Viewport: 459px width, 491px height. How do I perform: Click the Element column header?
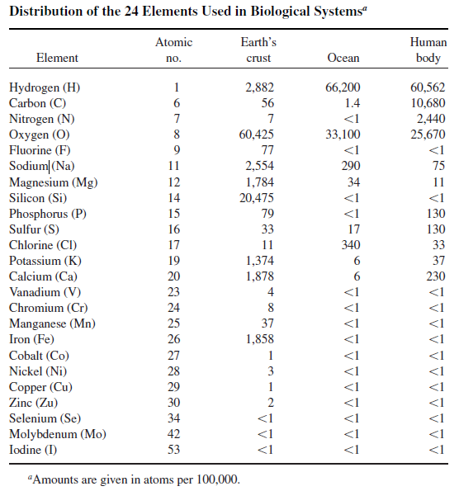(57, 58)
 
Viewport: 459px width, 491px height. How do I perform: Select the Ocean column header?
(343, 58)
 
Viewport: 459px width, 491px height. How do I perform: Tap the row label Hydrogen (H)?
(45, 87)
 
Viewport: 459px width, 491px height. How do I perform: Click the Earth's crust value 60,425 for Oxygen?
(256, 135)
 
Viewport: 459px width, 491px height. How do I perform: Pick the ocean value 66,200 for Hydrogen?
(343, 87)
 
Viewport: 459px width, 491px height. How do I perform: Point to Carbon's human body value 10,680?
(428, 103)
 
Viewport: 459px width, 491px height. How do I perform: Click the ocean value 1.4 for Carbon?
(353, 103)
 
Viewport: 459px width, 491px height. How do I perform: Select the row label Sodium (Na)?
(41, 166)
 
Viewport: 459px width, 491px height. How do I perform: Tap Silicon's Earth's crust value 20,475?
(257, 198)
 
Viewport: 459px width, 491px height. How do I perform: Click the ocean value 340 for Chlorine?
(351, 245)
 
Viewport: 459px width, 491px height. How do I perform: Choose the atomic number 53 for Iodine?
(173, 450)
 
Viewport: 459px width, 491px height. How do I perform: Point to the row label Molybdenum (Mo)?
(58, 434)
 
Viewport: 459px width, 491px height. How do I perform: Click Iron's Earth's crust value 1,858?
(260, 339)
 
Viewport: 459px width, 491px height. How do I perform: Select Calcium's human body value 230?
(436, 276)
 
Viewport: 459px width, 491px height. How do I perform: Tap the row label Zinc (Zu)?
(34, 403)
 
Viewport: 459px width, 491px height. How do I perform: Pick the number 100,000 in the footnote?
(218, 479)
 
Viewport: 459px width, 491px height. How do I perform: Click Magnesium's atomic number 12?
(174, 182)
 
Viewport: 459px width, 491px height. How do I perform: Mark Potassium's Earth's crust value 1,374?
(260, 261)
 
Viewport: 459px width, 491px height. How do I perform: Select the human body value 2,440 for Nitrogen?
(431, 119)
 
